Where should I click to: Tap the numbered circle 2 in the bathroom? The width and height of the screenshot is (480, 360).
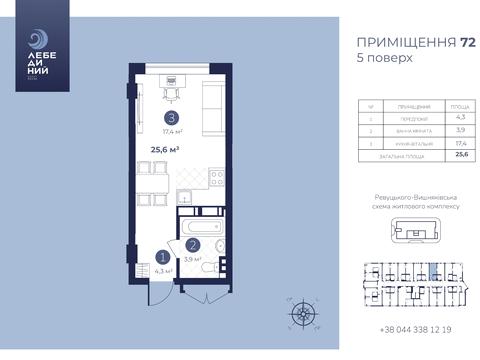click(192, 243)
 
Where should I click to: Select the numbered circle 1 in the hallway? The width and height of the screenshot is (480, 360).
click(160, 255)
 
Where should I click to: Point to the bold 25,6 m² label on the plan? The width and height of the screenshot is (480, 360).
click(165, 150)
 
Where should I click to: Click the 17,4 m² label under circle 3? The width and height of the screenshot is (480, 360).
click(171, 131)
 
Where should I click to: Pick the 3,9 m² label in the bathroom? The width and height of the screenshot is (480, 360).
click(192, 257)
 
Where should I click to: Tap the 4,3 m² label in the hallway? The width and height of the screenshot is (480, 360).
click(161, 269)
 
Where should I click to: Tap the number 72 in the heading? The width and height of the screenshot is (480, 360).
click(439, 43)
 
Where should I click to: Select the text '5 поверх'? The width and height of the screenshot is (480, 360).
click(384, 58)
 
